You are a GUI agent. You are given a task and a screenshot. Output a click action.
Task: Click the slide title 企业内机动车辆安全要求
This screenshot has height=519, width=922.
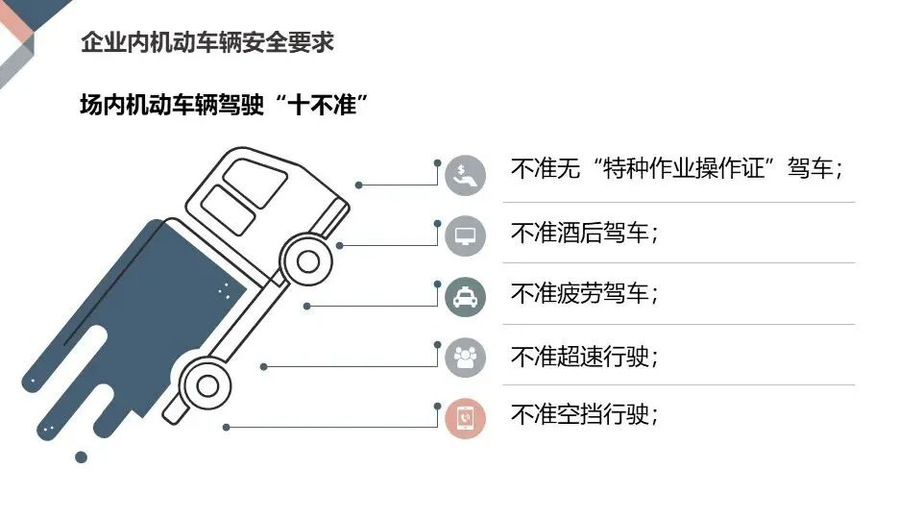[x=207, y=43]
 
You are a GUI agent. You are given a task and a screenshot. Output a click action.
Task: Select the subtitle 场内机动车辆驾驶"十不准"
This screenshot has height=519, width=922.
[x=225, y=105]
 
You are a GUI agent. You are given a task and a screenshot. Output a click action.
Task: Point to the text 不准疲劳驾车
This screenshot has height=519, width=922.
[x=585, y=294]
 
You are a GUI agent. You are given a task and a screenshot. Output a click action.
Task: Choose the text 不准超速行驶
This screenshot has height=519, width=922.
[x=585, y=357]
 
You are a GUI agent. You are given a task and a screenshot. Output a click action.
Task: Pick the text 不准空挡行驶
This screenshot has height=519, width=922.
[x=585, y=415]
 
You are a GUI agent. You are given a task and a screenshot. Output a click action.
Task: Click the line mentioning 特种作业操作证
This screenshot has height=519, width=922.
[x=677, y=171]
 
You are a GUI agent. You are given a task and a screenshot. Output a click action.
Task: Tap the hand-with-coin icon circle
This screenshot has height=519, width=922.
[x=466, y=175]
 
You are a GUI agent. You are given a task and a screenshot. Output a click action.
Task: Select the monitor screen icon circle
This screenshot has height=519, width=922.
[x=466, y=235]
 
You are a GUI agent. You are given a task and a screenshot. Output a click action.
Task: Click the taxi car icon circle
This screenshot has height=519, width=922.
[x=466, y=297]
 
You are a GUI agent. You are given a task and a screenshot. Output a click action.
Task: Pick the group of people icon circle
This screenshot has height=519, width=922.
[x=466, y=358]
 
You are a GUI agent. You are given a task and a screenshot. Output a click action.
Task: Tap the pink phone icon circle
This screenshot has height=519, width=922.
[x=466, y=418]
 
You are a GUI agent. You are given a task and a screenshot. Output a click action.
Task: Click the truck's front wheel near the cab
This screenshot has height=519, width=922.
[x=307, y=260]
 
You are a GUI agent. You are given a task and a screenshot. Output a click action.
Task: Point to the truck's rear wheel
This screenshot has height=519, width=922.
[x=206, y=384]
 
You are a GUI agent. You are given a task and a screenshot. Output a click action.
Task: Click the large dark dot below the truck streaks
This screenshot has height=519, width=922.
[x=82, y=457]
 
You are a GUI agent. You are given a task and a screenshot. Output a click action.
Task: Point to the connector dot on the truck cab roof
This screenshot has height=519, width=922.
[x=358, y=185]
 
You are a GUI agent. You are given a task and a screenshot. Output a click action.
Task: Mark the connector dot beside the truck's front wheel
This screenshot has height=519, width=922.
[x=339, y=245]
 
